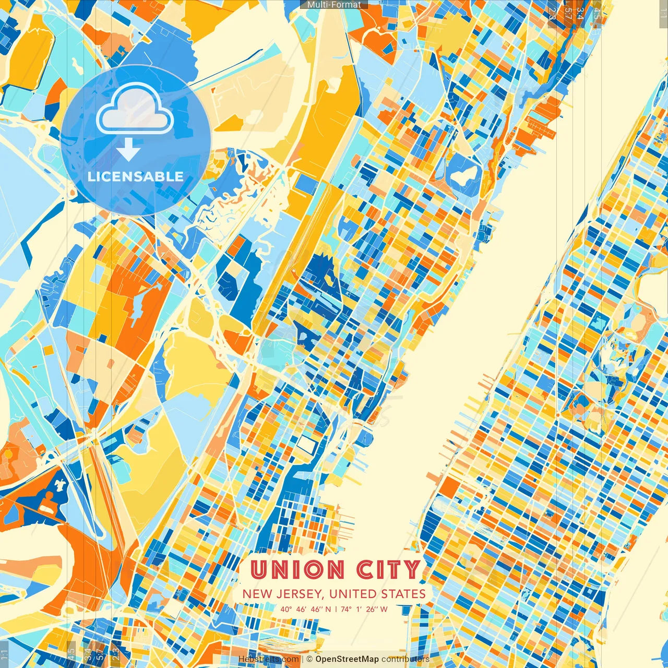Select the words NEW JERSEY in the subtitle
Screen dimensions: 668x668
click(x=282, y=594)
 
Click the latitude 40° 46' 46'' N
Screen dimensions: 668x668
click(x=305, y=609)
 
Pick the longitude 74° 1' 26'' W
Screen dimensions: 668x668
click(x=365, y=609)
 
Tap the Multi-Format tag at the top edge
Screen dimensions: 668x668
click(x=334, y=5)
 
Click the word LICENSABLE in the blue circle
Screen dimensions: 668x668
click(x=136, y=176)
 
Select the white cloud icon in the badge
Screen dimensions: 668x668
click(x=135, y=110)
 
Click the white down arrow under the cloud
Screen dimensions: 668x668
click(x=128, y=150)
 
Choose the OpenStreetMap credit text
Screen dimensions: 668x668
click(x=347, y=659)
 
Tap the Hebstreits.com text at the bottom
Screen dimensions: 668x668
click(x=268, y=659)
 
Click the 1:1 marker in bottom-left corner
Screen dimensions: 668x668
click(x=5, y=653)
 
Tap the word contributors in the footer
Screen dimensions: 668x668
click(x=405, y=659)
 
